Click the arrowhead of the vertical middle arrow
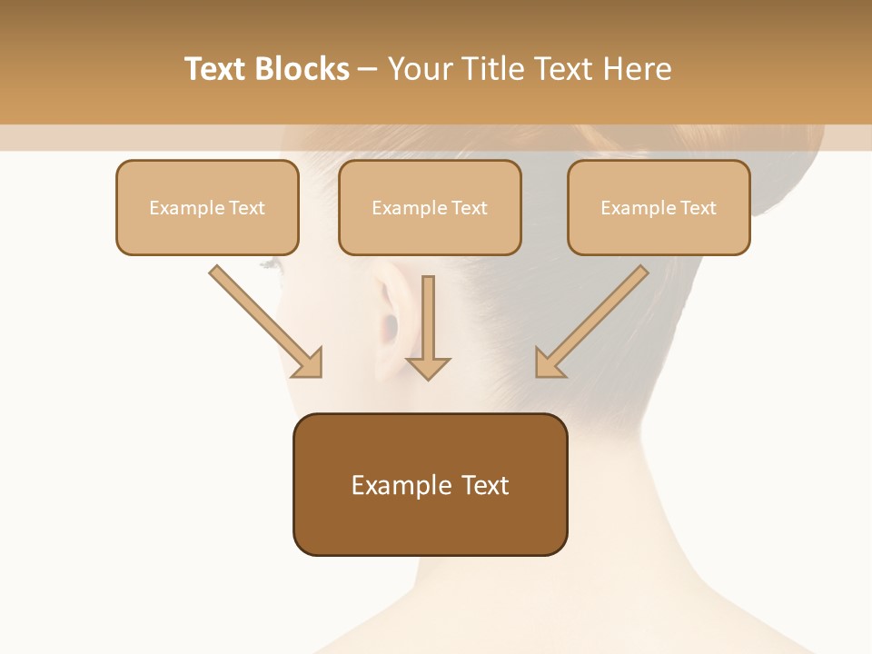coord(428,367)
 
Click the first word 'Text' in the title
coord(216,69)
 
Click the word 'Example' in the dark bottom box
coord(401,485)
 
